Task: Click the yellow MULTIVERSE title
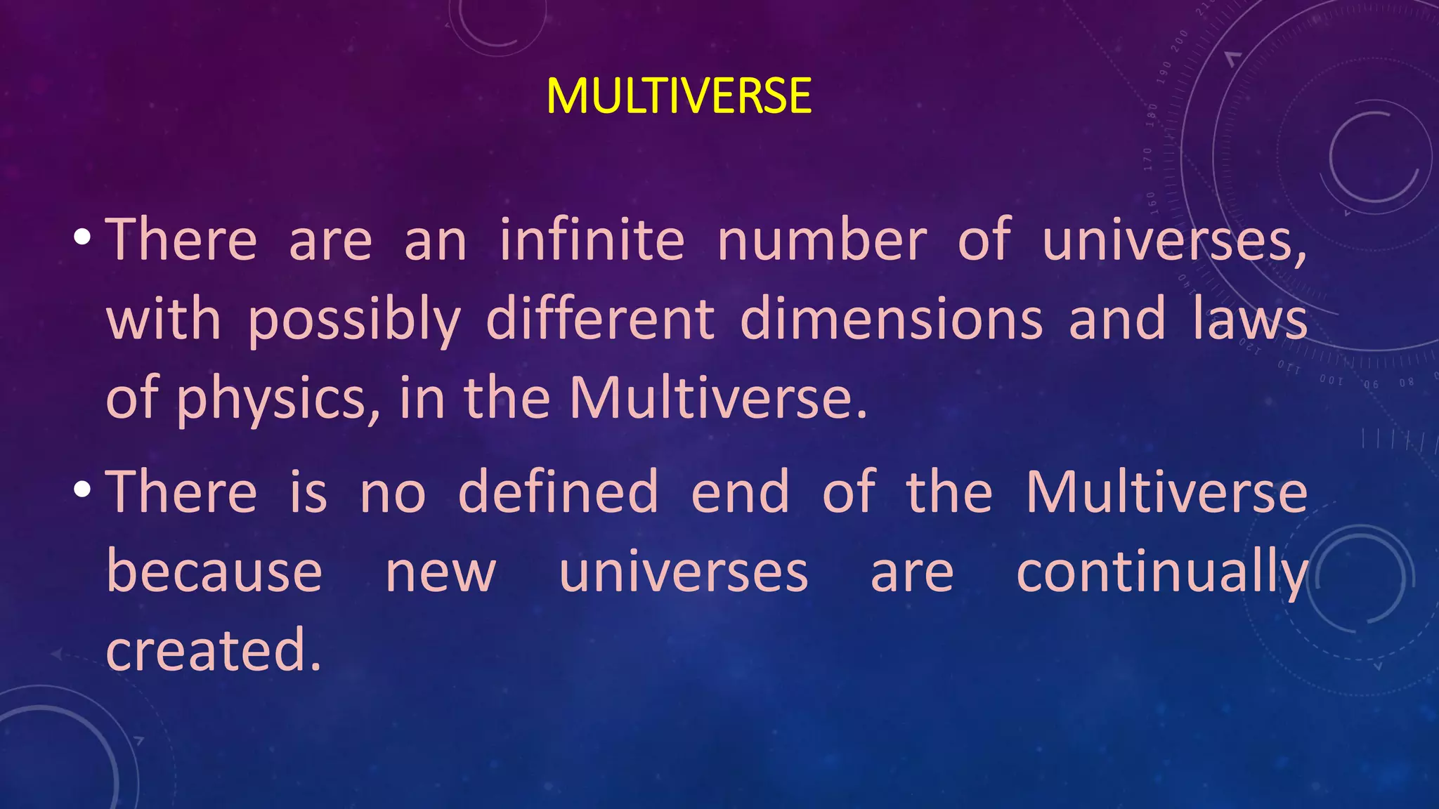coord(679,96)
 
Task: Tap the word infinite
coord(592,240)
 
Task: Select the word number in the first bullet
coord(822,240)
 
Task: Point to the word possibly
coord(354,320)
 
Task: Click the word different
coord(600,319)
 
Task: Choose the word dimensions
coord(891,319)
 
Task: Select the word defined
coord(558,492)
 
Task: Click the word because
coord(214,572)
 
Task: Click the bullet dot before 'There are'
coord(82,237)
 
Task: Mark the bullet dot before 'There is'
coord(82,489)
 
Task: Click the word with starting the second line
coord(163,319)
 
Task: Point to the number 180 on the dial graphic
coord(1152,114)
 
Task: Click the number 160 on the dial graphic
coord(1152,202)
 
